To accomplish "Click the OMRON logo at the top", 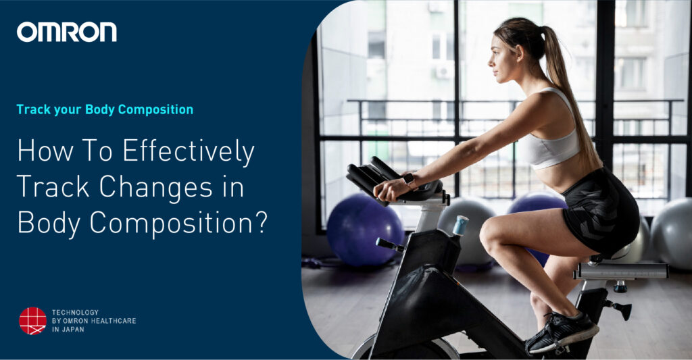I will pos(66,32).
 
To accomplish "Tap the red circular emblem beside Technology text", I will pos(32,321).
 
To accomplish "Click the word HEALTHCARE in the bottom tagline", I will pos(113,321).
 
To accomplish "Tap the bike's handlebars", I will pos(378,178).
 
